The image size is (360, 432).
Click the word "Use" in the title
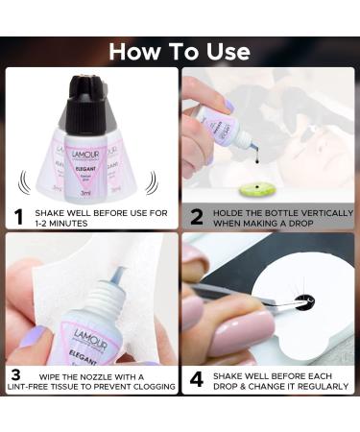[x=223, y=51]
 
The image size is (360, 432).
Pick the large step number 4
[x=196, y=378]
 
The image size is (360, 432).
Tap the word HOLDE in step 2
[x=228, y=208]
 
